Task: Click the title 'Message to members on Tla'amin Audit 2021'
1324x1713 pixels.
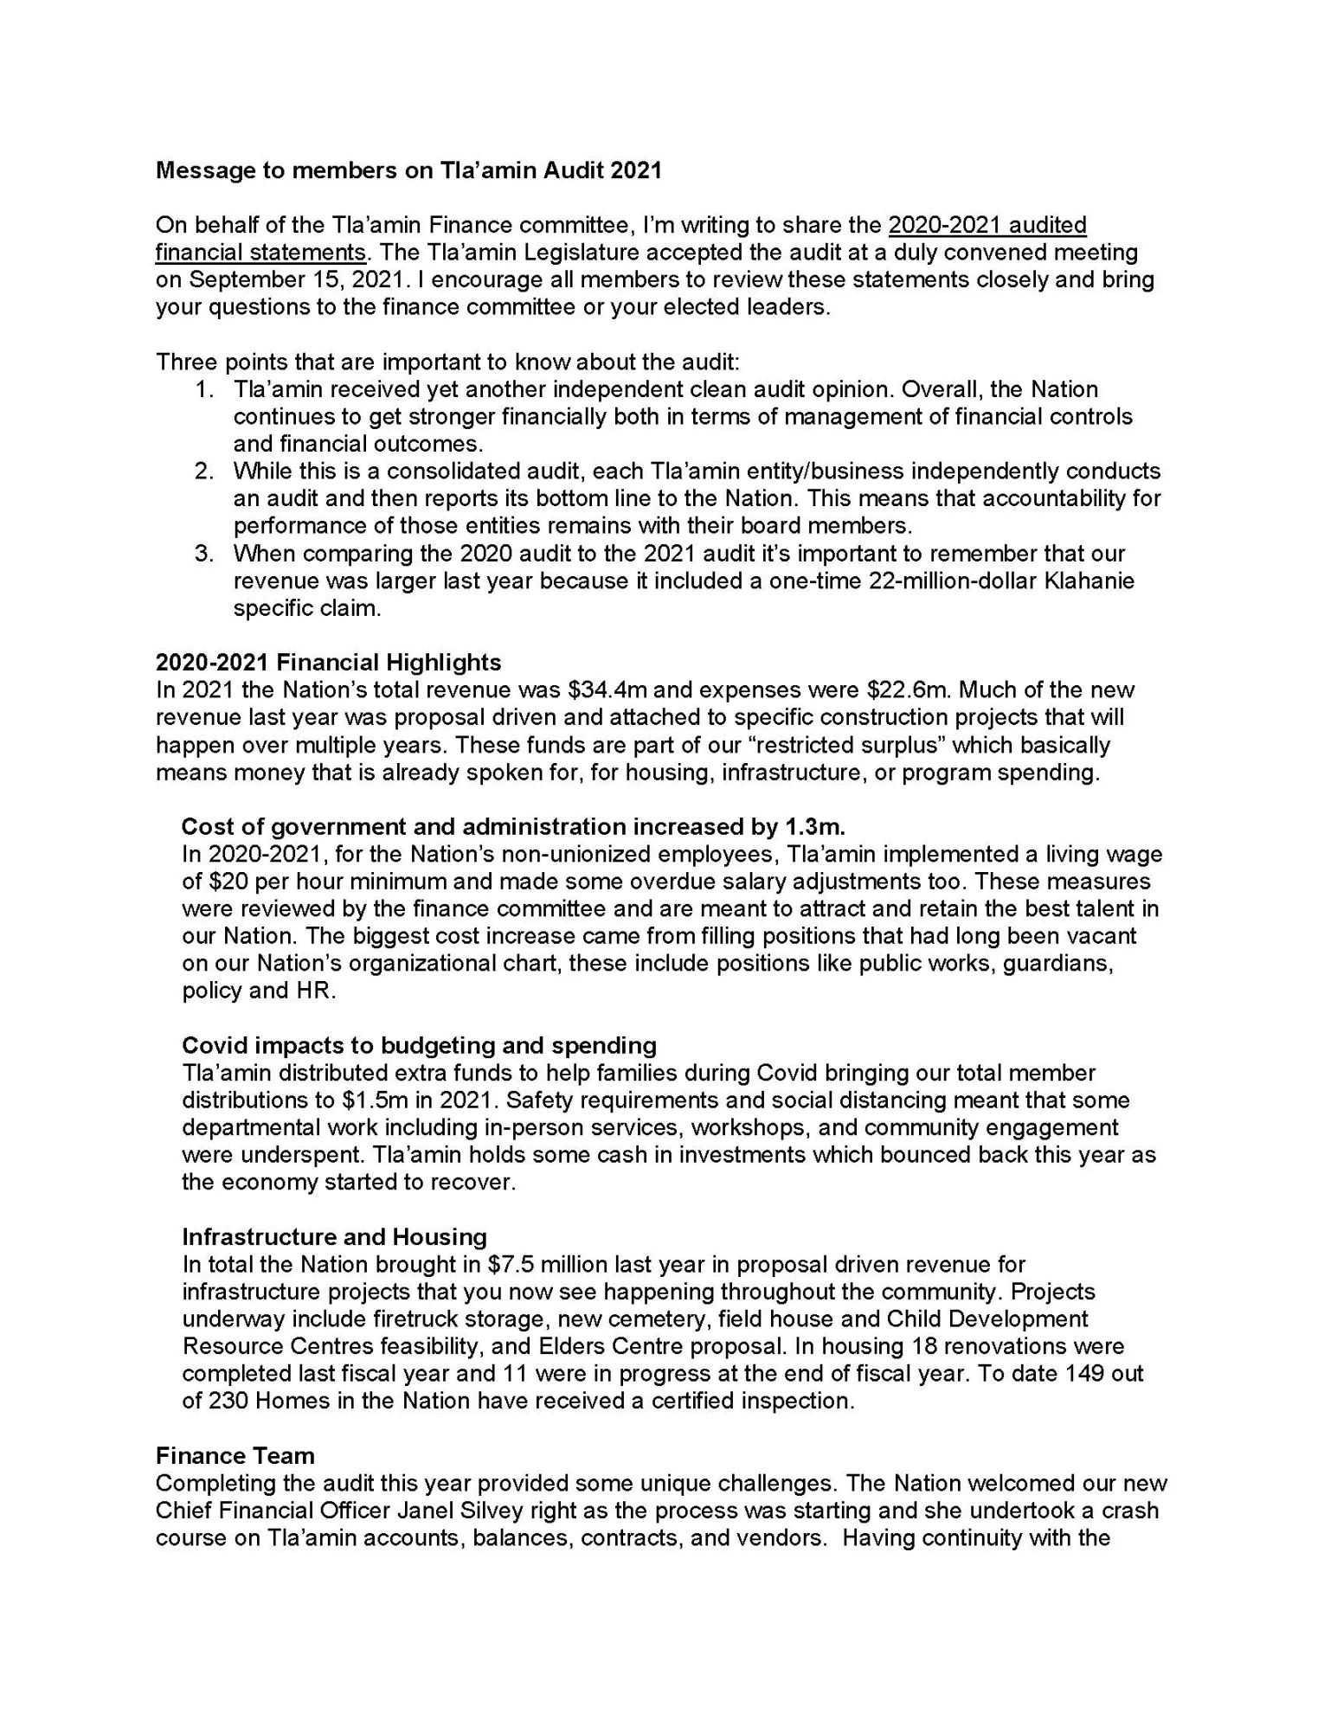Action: pyautogui.click(x=408, y=170)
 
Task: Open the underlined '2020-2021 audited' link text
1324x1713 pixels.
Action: pyautogui.click(x=987, y=225)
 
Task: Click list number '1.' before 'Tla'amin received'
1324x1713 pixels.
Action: pyautogui.click(x=204, y=389)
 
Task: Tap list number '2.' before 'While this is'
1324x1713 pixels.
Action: pyautogui.click(x=204, y=472)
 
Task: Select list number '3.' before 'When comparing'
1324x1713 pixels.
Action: pyautogui.click(x=204, y=554)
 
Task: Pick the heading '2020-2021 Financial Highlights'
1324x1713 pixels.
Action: pyautogui.click(x=328, y=663)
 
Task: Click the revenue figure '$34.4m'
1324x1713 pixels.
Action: pyautogui.click(x=603, y=690)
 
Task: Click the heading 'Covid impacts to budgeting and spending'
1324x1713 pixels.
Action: pyautogui.click(x=419, y=1046)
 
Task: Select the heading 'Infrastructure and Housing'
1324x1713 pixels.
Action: pyautogui.click(x=334, y=1237)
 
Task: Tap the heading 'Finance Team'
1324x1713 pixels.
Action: pyautogui.click(x=235, y=1456)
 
